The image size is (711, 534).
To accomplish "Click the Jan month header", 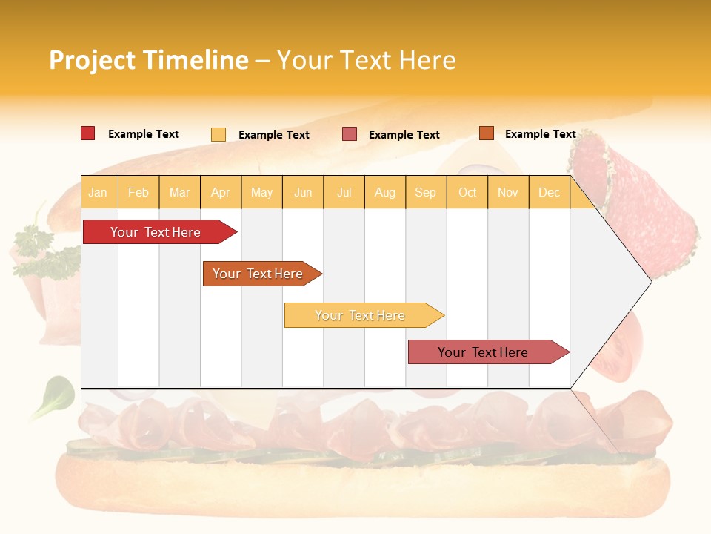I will tap(98, 193).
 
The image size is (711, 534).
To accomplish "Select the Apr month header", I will tap(220, 193).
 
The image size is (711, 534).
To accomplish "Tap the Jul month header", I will tap(344, 193).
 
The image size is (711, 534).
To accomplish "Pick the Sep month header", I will tap(425, 193).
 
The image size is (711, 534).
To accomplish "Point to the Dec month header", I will tap(549, 193).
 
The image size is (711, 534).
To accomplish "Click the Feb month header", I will tap(138, 193).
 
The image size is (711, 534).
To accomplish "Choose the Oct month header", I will tap(467, 193).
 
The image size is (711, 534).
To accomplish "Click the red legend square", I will tap(88, 133).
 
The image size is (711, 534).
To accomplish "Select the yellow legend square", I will tap(218, 134).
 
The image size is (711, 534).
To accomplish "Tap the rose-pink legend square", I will tap(350, 134).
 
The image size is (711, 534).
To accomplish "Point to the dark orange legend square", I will tap(486, 133).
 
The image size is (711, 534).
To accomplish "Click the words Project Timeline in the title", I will tap(148, 60).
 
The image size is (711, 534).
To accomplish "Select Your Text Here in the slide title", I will tap(366, 60).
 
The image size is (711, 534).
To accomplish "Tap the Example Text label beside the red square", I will tap(144, 134).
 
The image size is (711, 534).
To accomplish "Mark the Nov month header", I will tap(508, 193).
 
